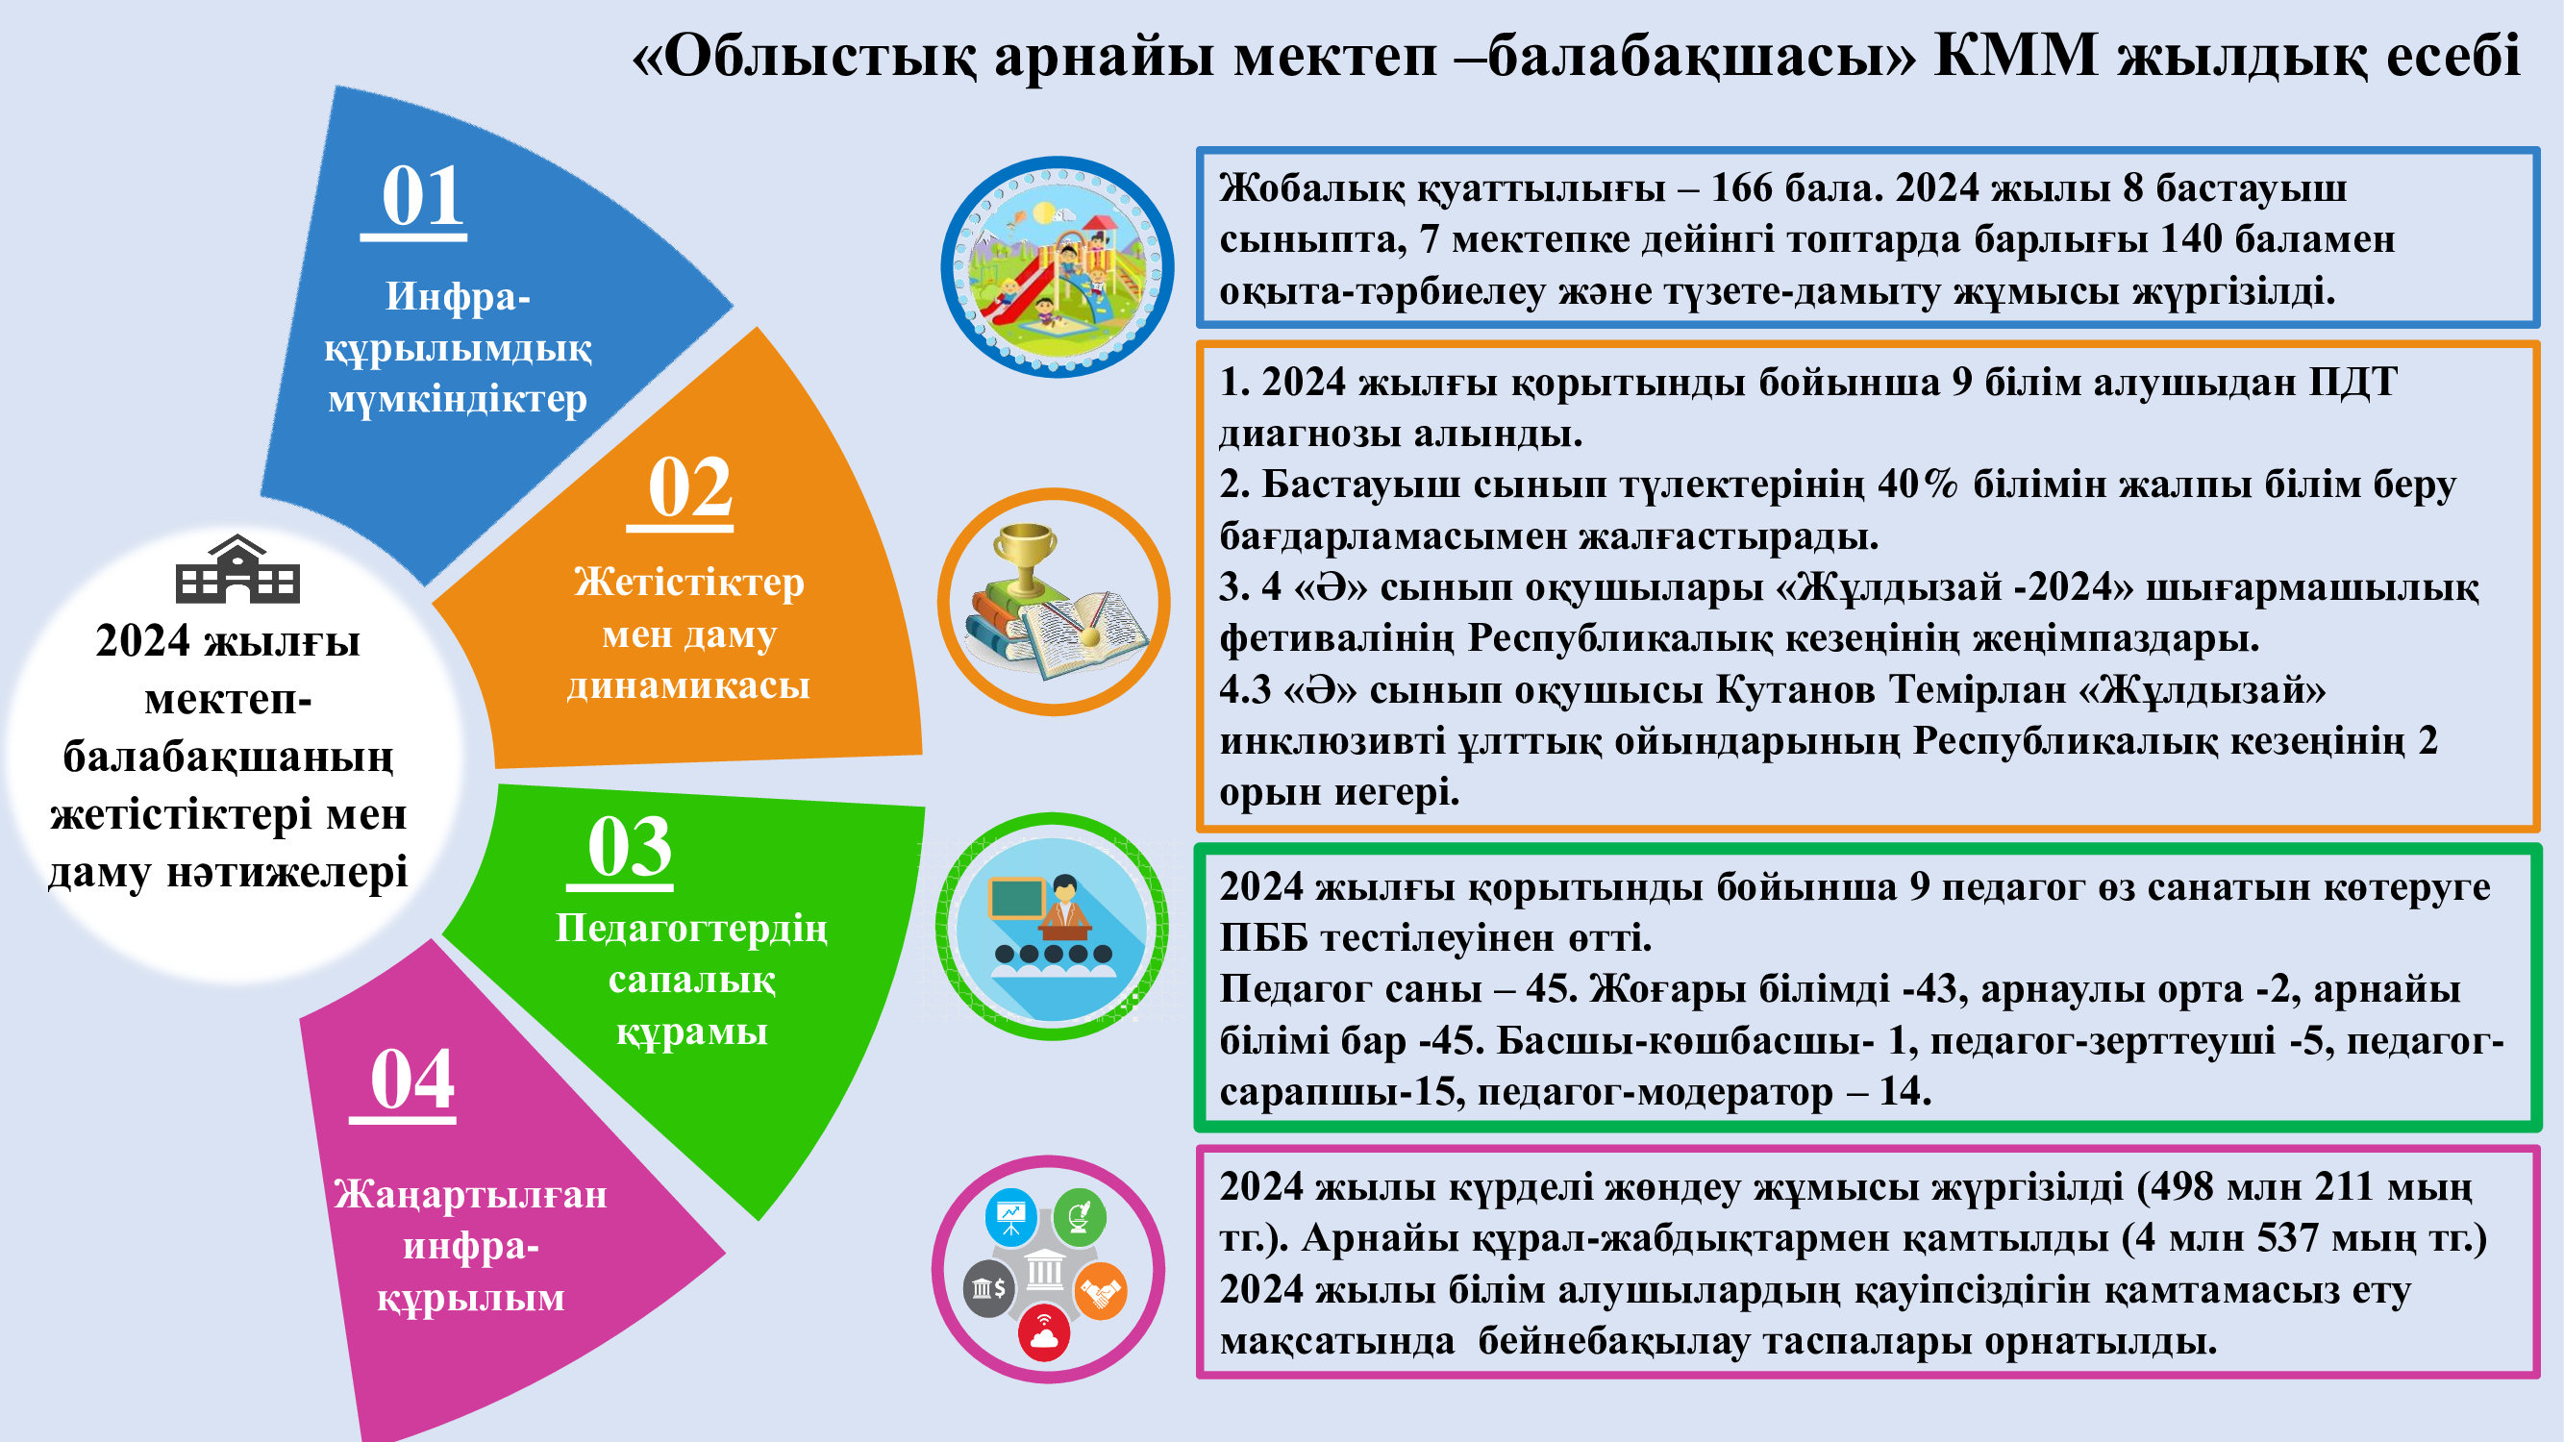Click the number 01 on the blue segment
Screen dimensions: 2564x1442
[x=423, y=196]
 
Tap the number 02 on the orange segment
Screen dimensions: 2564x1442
[x=689, y=487]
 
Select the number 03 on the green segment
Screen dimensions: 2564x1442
[x=630, y=847]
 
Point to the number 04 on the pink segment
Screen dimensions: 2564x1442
[x=412, y=1080]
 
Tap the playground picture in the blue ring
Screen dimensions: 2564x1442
[x=1058, y=266]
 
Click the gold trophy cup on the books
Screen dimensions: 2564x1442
[x=1025, y=558]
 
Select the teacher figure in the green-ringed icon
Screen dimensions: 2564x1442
[x=1064, y=907]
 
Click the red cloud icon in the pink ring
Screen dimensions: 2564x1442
[x=1044, y=1334]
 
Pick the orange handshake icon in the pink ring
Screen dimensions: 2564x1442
[x=1100, y=1291]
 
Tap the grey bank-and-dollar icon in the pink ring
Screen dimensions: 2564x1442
[x=988, y=1289]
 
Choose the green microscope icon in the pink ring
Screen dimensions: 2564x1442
[x=1079, y=1216]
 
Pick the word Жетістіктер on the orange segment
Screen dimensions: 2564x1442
[x=688, y=583]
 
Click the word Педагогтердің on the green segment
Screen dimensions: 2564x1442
[x=692, y=929]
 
